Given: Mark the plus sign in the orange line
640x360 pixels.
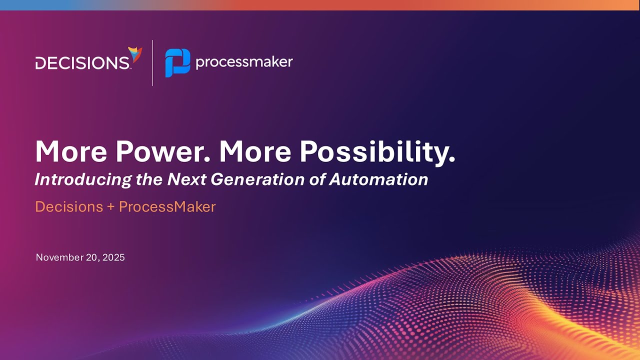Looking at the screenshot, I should pos(111,206).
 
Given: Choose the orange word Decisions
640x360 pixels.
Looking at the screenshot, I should pos(69,206).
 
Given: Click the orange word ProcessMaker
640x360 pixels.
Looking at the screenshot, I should pos(167,206).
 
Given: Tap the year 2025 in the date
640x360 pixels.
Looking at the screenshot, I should pos(113,257).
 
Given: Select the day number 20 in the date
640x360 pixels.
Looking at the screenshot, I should pos(92,257).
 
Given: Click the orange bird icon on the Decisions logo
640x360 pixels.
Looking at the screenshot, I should pos(135,54).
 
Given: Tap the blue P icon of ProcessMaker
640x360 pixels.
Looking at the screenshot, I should pos(177,63).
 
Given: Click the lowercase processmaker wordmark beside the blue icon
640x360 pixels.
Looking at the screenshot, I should pos(244,62).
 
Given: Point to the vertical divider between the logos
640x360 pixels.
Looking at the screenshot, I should pos(152,62).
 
